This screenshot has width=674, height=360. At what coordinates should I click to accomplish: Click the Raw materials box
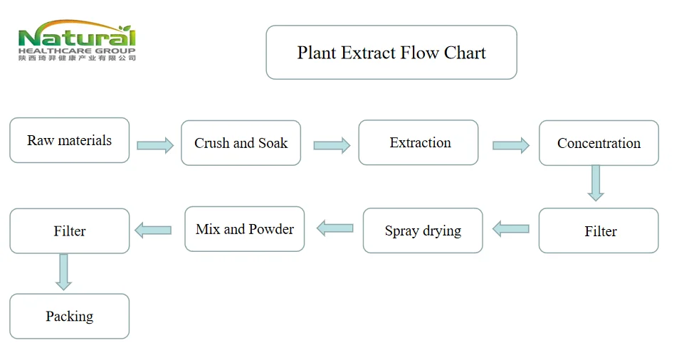[69, 140]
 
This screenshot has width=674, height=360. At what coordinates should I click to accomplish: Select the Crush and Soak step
[241, 143]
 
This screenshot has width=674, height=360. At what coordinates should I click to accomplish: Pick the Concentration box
[599, 143]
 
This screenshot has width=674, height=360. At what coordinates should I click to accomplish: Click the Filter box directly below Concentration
[599, 231]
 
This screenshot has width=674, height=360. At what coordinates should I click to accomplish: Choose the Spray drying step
[423, 231]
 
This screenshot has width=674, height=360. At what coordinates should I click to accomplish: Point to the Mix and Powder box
[244, 229]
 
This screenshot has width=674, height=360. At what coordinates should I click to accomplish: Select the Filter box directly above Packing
[69, 231]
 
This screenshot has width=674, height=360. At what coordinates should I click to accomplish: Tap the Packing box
[69, 316]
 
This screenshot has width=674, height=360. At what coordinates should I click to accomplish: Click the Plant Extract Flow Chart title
[391, 53]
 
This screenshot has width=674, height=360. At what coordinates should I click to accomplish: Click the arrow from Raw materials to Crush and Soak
[155, 145]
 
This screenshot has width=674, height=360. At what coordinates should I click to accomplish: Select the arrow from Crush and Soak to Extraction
[332, 145]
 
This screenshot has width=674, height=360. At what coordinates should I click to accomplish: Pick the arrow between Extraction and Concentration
[510, 145]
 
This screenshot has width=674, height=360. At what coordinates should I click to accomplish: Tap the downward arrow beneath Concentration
[596, 184]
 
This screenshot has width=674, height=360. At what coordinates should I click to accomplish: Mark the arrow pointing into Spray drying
[511, 229]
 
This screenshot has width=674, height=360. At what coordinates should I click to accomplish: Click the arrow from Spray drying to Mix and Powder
[335, 228]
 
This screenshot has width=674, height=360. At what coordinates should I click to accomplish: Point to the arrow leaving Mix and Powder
[153, 230]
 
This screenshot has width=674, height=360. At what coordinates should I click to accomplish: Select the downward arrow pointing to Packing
[64, 272]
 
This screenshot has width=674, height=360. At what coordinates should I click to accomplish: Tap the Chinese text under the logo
[76, 58]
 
